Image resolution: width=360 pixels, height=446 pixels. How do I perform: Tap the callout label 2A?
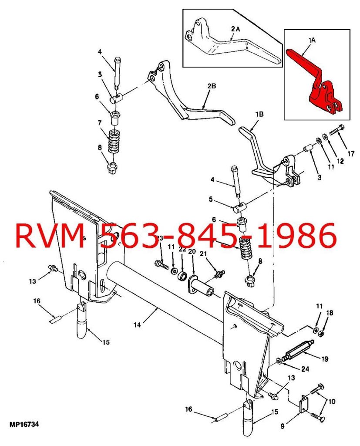coord(236,29)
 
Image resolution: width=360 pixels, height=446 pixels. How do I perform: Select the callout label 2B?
coord(211,86)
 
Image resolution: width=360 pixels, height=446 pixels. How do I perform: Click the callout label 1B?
coord(259,115)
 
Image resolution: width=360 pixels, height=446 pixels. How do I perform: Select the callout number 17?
coord(351,154)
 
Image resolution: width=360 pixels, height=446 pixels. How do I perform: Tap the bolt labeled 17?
coord(336,130)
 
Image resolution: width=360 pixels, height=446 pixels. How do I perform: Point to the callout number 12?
coord(340,161)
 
